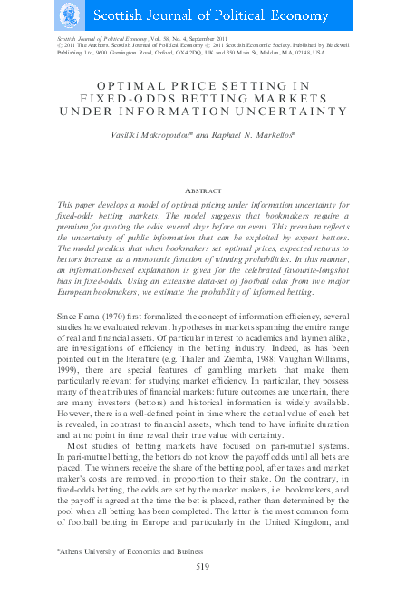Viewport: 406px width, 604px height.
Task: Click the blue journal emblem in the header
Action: tap(68, 15)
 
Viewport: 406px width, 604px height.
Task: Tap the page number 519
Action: tap(203, 567)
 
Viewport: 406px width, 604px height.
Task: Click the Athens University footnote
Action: tap(126, 550)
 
